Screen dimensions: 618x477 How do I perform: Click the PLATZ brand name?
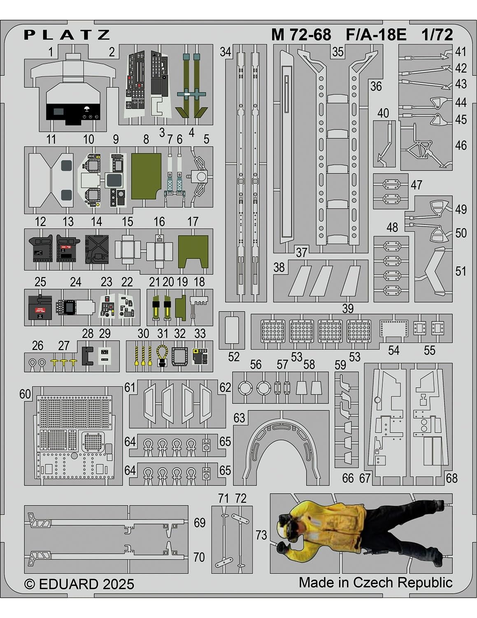67,35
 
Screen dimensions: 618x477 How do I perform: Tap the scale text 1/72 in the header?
437,35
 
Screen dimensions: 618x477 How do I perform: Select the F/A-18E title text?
375,35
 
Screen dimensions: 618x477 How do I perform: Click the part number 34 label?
226,52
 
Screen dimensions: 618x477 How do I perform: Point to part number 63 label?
239,418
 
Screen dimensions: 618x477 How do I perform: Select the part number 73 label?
261,535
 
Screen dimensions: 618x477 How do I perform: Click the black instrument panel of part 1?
73,111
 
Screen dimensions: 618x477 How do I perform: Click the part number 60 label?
25,394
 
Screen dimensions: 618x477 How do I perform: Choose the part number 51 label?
461,272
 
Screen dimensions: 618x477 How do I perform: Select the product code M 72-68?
301,35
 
